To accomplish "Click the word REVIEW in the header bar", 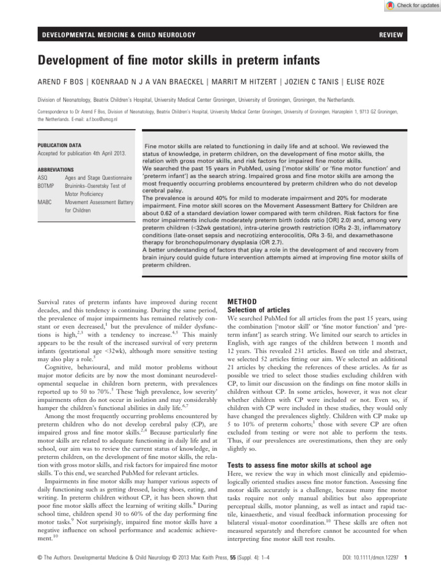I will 390,36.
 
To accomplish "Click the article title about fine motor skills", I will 171,60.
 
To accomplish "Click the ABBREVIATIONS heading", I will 56,171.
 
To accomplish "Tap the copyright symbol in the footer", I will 39,572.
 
